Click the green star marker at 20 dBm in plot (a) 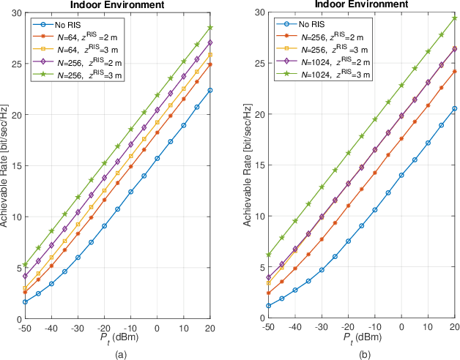click(211, 27)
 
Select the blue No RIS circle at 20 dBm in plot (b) click(454, 108)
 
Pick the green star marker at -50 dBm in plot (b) click(269, 255)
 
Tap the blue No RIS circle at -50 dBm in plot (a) click(25, 301)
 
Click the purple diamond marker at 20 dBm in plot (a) click(211, 42)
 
